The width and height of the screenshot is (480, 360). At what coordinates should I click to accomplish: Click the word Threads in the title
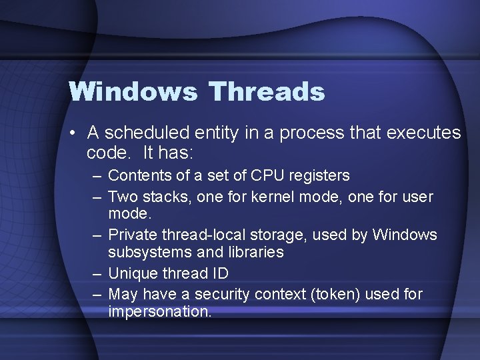266,92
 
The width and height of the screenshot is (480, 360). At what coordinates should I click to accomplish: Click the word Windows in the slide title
133,92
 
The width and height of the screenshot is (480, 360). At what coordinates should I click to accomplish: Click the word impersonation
159,312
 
